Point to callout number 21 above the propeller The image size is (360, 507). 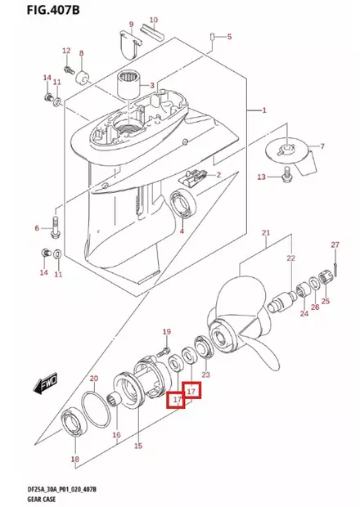point(265,234)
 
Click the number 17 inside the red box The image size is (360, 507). point(192,392)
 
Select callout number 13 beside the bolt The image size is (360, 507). point(262,177)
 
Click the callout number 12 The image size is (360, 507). point(66,51)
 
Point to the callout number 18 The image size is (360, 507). point(74,460)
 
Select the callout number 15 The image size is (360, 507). point(137,446)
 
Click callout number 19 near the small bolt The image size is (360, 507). point(166,331)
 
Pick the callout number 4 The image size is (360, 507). point(182,232)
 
